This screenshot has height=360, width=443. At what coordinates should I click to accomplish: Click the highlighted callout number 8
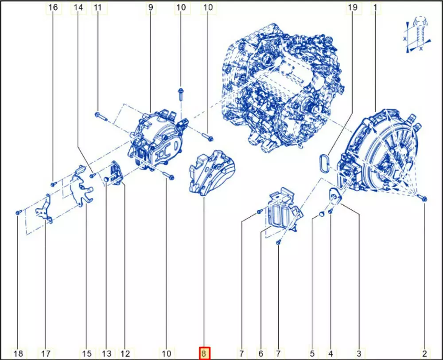tap(204, 353)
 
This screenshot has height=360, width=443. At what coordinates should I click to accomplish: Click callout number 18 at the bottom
tap(18, 353)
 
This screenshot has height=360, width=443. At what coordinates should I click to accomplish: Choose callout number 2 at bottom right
tap(425, 353)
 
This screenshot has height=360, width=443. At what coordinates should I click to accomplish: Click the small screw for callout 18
tap(18, 212)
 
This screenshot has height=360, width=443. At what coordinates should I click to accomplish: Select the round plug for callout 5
tap(321, 214)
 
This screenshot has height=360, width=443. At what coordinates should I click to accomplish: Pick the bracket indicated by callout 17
tap(44, 209)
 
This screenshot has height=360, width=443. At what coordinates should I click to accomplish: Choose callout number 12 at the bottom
tap(125, 353)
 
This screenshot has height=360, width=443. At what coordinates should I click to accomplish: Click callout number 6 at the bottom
tap(260, 353)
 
